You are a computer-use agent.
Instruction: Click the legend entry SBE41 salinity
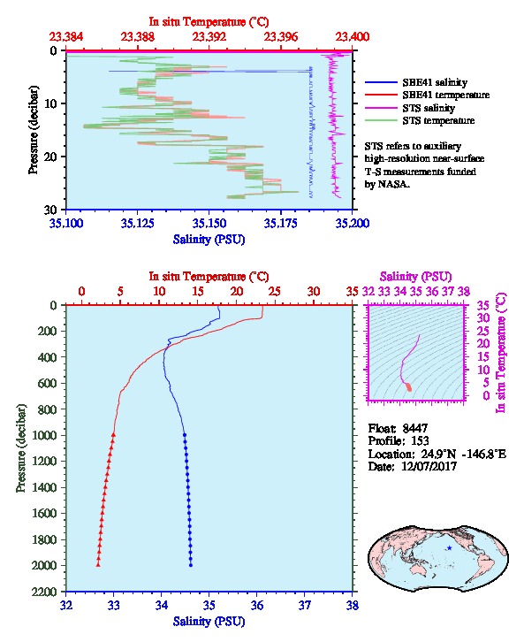coord(435,82)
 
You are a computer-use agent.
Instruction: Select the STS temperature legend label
coord(438,120)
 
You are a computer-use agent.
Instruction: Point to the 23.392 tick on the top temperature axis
coord(209,37)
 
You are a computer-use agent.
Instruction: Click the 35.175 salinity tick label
coord(281,223)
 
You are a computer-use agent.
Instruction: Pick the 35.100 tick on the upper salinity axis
coord(66,223)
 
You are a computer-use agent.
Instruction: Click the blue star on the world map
coord(450,548)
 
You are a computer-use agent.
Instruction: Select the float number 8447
coord(414,428)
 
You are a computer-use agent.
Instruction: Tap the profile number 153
coord(420,440)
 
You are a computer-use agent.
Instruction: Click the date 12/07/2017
coord(429,466)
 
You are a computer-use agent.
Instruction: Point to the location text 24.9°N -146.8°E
coord(459,454)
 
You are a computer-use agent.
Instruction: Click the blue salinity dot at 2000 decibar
coord(191,565)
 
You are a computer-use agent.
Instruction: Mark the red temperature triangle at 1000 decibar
coord(113,435)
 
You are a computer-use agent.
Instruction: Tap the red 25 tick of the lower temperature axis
coord(275,291)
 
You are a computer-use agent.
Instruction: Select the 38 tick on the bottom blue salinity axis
coord(353,605)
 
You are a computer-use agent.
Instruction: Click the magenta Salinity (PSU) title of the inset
coord(415,277)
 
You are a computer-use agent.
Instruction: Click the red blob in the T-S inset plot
coord(408,387)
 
